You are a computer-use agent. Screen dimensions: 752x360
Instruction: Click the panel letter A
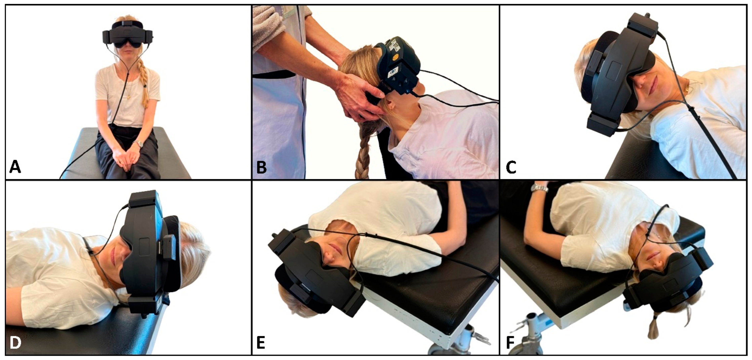coord(15,168)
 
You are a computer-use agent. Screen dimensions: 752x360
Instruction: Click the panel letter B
coord(262,168)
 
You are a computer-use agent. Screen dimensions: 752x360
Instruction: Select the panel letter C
coord(511,168)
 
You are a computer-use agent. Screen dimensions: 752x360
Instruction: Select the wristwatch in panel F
coord(539,188)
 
